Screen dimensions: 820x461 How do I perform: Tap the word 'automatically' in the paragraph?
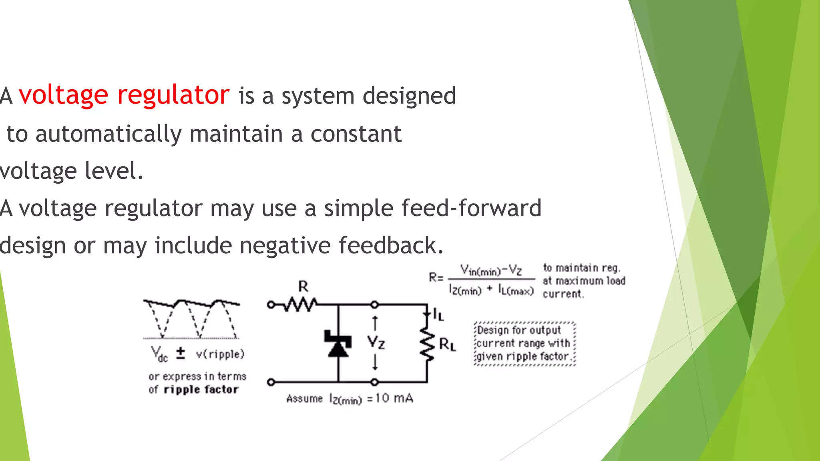[x=109, y=134]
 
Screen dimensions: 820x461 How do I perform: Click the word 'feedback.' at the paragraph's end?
[x=391, y=245]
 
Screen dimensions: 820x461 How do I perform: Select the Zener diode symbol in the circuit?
[x=338, y=343]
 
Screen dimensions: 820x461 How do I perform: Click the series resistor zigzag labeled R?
[x=301, y=305]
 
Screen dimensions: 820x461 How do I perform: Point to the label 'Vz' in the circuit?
[x=376, y=343]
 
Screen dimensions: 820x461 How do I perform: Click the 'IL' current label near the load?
[x=438, y=315]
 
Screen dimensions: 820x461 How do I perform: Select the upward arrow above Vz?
[x=375, y=323]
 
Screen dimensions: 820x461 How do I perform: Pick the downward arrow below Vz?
[x=375, y=362]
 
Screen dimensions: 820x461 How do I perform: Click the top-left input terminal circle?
[x=271, y=305]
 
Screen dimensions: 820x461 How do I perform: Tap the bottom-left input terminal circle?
[x=271, y=382]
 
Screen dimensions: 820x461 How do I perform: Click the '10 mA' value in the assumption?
[x=394, y=398]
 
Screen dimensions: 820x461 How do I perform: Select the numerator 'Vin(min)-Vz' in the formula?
[x=491, y=270]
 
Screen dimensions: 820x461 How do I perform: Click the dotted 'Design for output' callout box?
[x=525, y=344]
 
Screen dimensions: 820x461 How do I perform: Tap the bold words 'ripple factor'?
[x=201, y=389]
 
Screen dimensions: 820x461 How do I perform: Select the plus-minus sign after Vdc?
[x=181, y=353]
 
